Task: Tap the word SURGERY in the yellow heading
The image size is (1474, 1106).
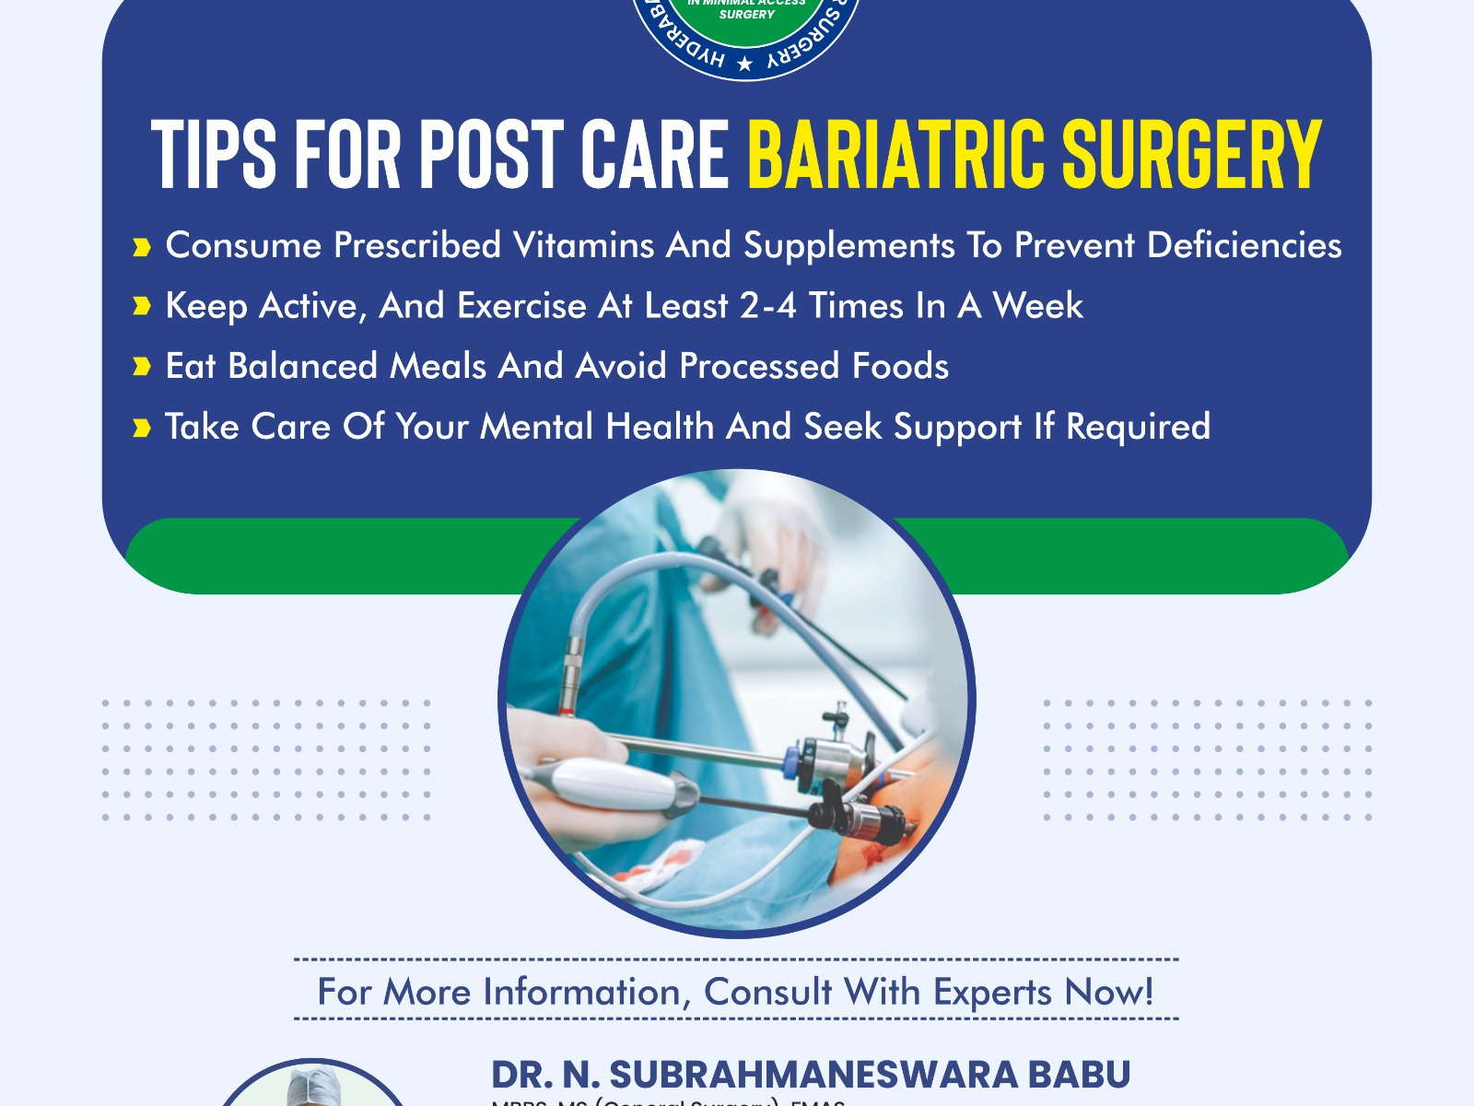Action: point(1192,154)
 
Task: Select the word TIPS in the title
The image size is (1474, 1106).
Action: point(213,154)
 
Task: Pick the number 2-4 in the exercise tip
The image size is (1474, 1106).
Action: point(767,306)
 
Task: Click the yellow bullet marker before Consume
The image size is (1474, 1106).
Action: point(141,247)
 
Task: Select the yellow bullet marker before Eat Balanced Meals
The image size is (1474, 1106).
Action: point(141,368)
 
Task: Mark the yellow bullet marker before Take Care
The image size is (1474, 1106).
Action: point(141,428)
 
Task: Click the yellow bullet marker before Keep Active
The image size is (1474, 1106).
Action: point(141,307)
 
